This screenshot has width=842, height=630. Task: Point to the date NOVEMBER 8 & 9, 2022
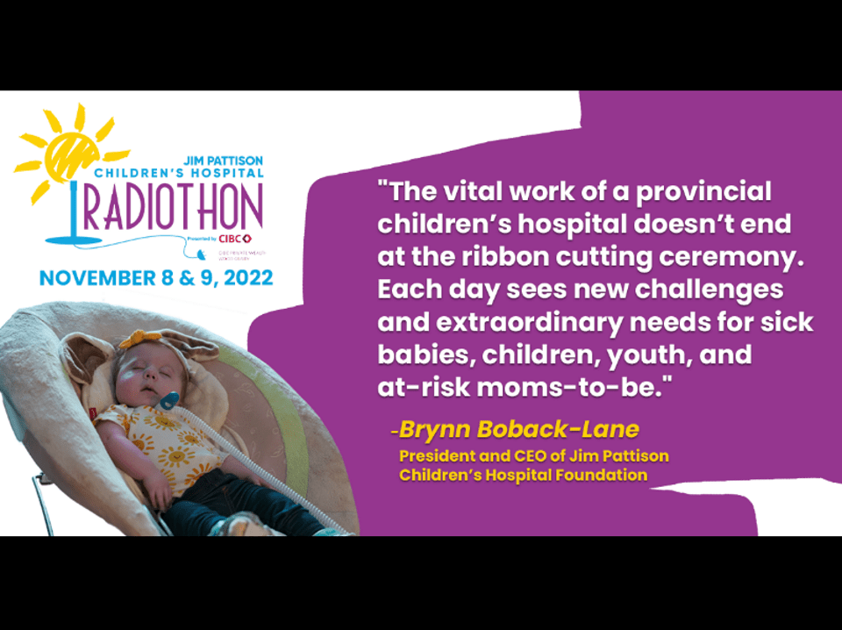pos(156,277)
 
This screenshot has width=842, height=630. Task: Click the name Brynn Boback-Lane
pos(517,430)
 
